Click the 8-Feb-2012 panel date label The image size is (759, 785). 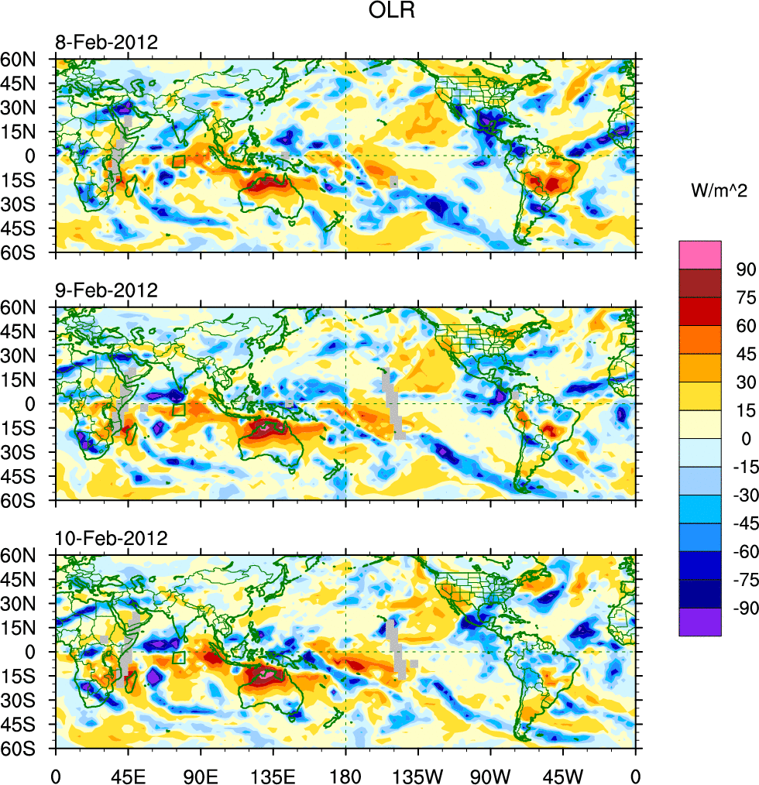tap(105, 43)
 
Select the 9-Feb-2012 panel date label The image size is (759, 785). tap(105, 291)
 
